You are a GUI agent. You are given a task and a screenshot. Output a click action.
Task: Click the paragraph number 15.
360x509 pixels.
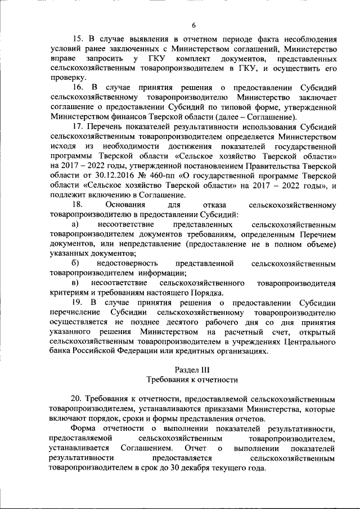point(78,39)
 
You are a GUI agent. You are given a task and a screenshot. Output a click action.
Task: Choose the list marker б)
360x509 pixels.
point(75,263)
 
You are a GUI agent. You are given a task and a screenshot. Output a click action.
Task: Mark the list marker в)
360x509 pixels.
point(75,282)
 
